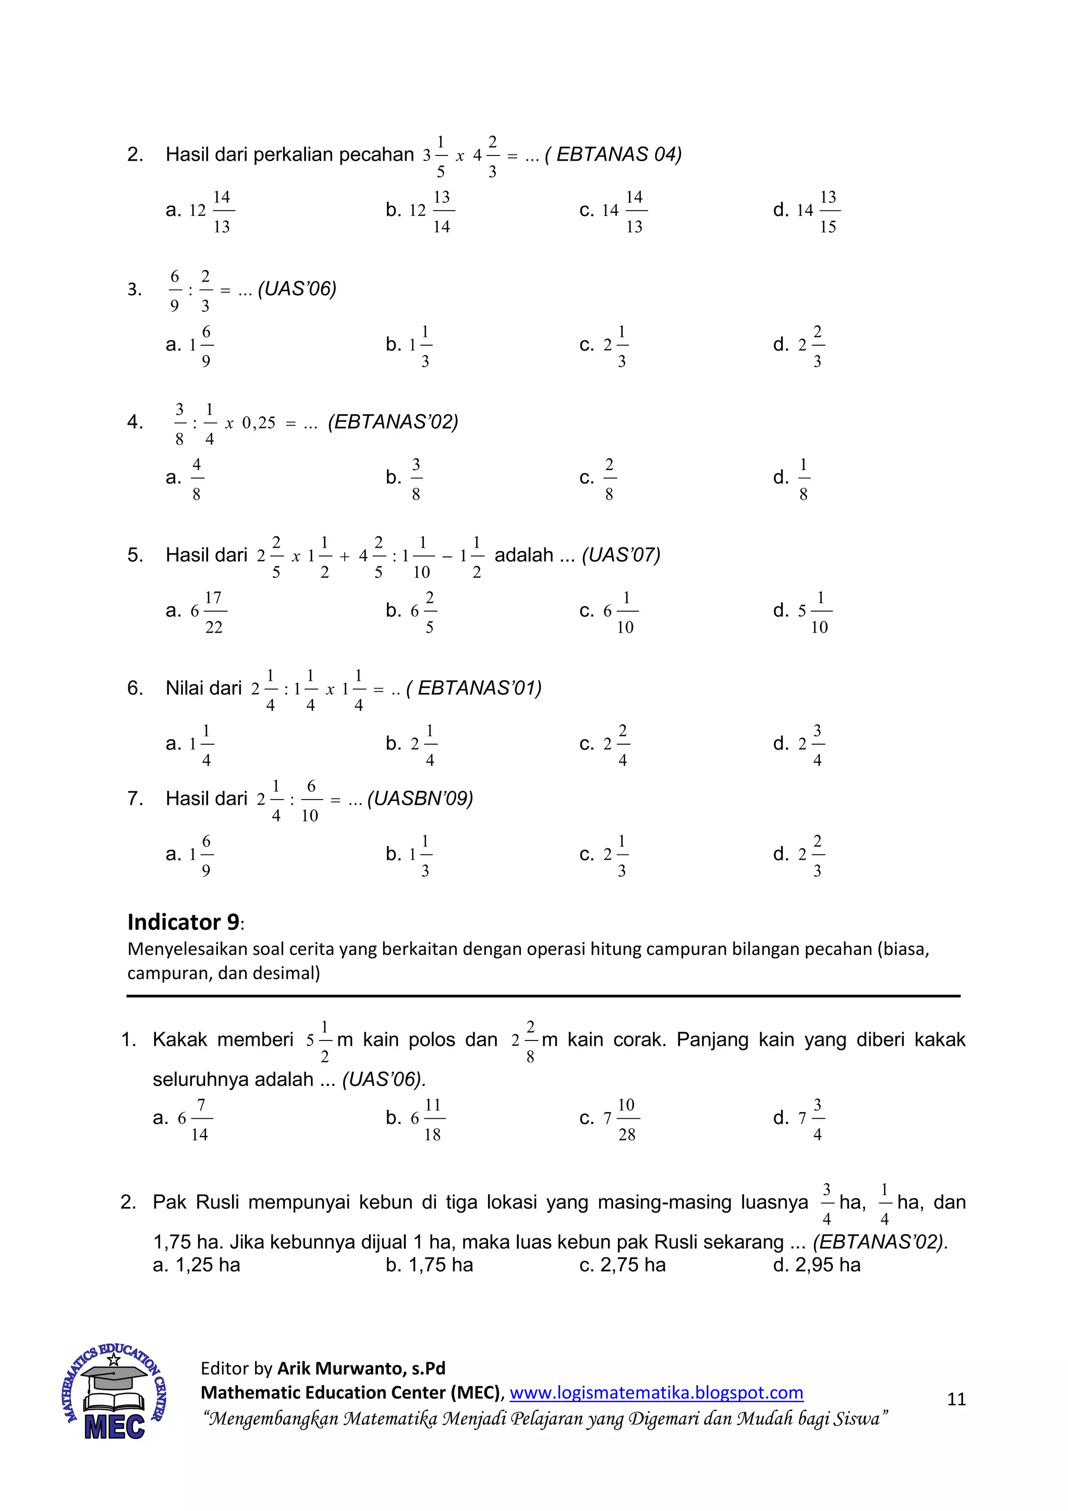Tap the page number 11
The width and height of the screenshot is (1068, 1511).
[956, 1398]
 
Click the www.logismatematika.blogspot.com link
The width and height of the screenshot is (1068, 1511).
[656, 1393]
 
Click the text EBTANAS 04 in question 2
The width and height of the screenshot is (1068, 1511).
[617, 155]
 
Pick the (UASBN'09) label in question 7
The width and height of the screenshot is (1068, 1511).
[420, 799]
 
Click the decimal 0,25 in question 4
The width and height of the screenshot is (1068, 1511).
[259, 423]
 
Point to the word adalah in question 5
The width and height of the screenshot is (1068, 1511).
[523, 555]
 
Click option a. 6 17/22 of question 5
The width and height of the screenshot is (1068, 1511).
[196, 611]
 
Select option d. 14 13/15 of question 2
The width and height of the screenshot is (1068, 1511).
[807, 211]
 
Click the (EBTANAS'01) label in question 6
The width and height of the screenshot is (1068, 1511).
[475, 688]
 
